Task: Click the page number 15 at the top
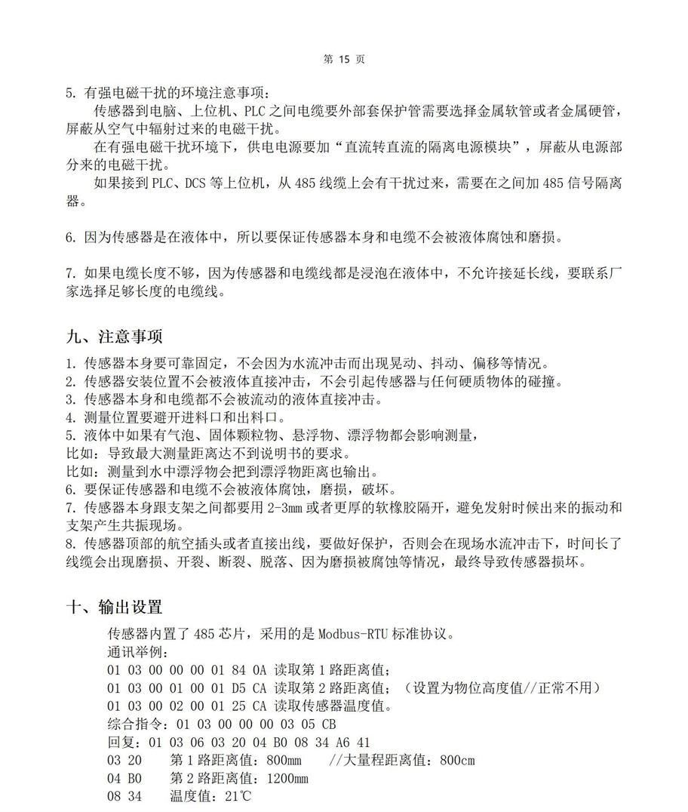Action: (x=345, y=60)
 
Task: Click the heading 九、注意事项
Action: (x=114, y=336)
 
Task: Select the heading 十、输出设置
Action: (x=114, y=607)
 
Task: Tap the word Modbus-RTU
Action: (x=352, y=633)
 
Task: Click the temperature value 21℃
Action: (x=231, y=797)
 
